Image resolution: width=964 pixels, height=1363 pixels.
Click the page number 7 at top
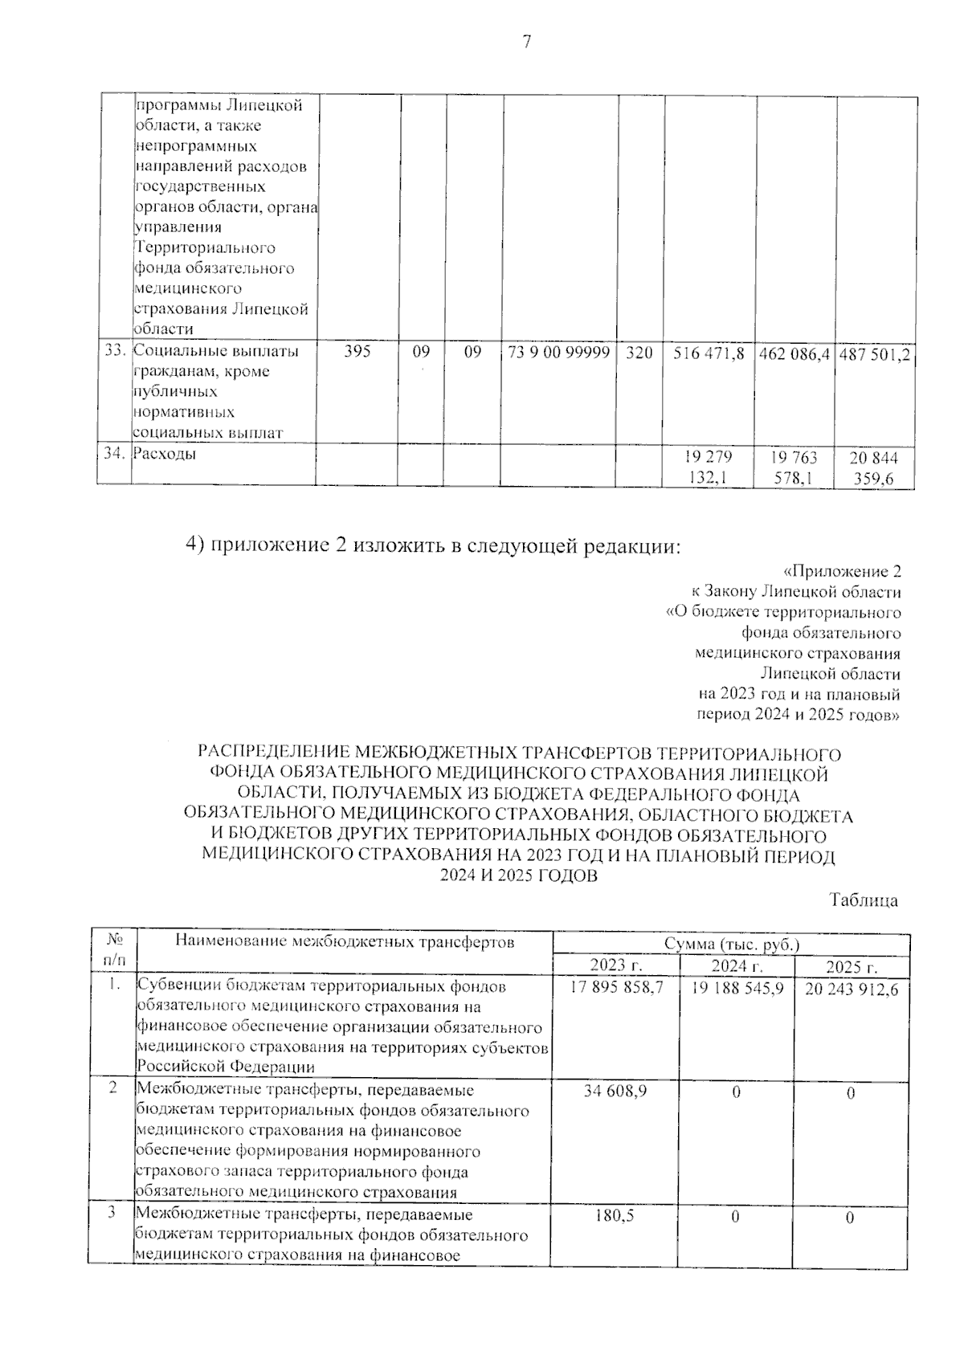(x=526, y=43)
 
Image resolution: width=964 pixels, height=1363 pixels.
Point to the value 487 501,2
(x=876, y=354)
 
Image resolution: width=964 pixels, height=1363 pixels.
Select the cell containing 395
(x=357, y=351)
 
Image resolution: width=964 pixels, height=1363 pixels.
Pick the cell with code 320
(x=639, y=352)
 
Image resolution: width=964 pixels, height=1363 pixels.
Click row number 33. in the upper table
(x=115, y=351)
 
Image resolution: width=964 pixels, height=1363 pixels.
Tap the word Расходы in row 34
(x=165, y=454)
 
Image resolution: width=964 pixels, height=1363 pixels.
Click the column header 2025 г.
(x=852, y=966)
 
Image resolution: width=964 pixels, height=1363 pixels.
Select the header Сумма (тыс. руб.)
(x=732, y=944)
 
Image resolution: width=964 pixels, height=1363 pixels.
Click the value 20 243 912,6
(x=852, y=989)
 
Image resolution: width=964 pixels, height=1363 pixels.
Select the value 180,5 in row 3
(x=615, y=1216)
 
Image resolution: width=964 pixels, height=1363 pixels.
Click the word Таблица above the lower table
(x=864, y=901)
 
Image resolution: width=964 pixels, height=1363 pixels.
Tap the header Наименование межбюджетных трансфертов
(x=344, y=941)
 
